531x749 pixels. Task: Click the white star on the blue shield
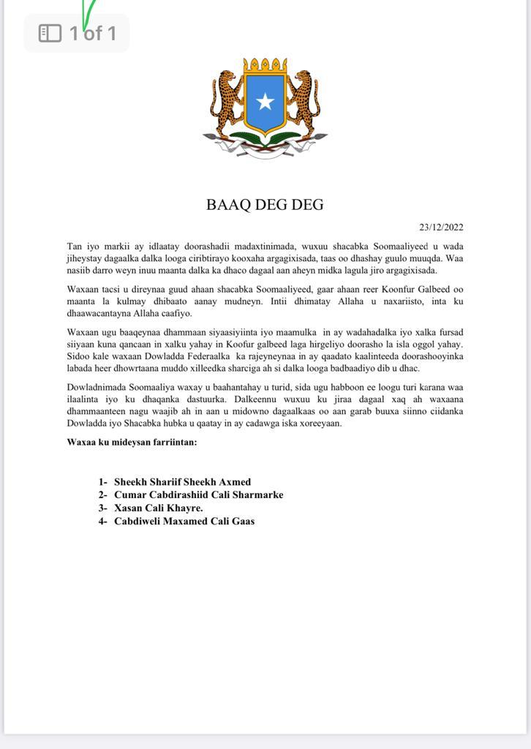(265, 102)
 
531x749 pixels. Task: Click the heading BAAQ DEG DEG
(265, 205)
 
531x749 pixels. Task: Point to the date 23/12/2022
(441, 227)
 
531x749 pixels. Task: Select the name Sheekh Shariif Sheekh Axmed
(182, 482)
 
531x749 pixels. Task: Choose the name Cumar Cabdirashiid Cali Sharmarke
(198, 495)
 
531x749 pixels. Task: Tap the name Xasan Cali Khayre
(159, 508)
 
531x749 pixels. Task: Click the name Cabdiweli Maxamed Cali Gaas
(184, 522)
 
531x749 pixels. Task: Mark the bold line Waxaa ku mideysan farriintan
(132, 442)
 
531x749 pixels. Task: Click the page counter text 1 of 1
(93, 33)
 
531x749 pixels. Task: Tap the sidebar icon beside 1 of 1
(50, 33)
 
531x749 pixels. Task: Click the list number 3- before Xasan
(103, 508)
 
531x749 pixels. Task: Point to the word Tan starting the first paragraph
(74, 246)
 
